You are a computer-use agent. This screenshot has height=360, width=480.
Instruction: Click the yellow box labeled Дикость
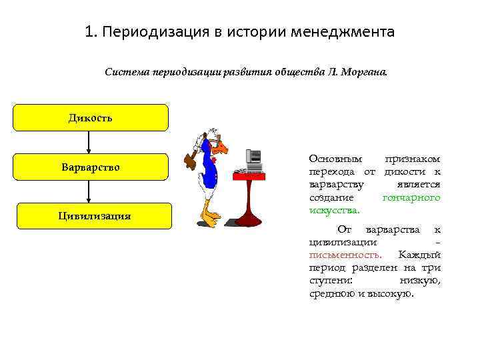91,118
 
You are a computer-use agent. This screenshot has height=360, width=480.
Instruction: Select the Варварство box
91,167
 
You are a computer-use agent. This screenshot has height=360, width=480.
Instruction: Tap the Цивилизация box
93,216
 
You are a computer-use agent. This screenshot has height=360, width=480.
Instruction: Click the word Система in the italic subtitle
126,72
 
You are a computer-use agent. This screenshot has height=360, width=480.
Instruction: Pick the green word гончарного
411,198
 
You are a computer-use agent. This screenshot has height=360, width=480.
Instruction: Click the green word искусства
334,211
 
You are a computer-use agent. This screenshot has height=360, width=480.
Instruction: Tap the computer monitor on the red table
254,157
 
